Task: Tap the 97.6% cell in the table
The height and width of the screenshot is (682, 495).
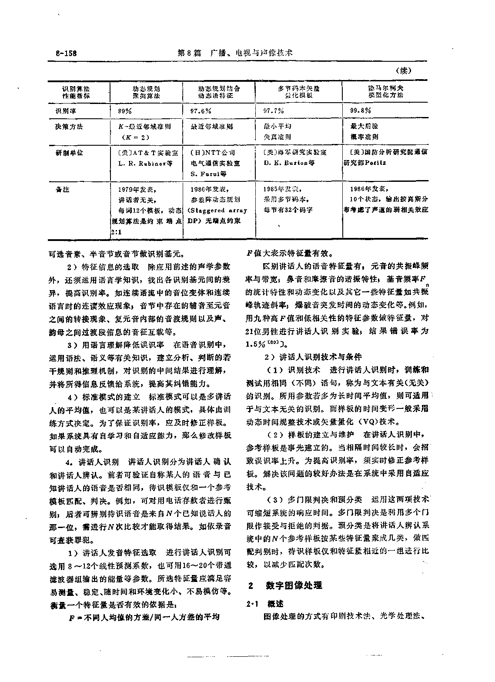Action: pos(201,111)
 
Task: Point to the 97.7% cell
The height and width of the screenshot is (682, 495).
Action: pos(274,111)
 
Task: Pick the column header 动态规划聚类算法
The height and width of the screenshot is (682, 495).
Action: pos(146,91)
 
